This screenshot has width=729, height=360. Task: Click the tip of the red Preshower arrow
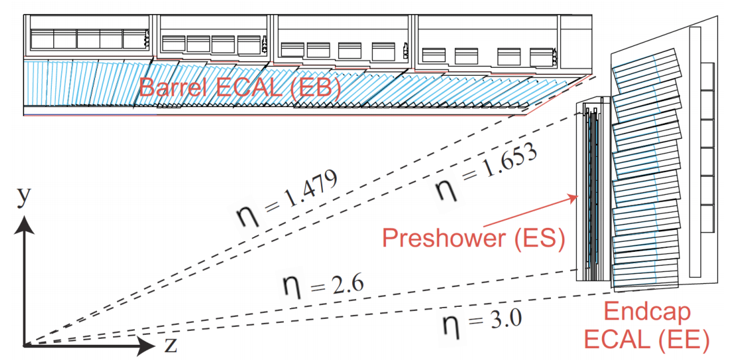click(578, 196)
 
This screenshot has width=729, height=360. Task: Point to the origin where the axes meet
click(24, 345)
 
